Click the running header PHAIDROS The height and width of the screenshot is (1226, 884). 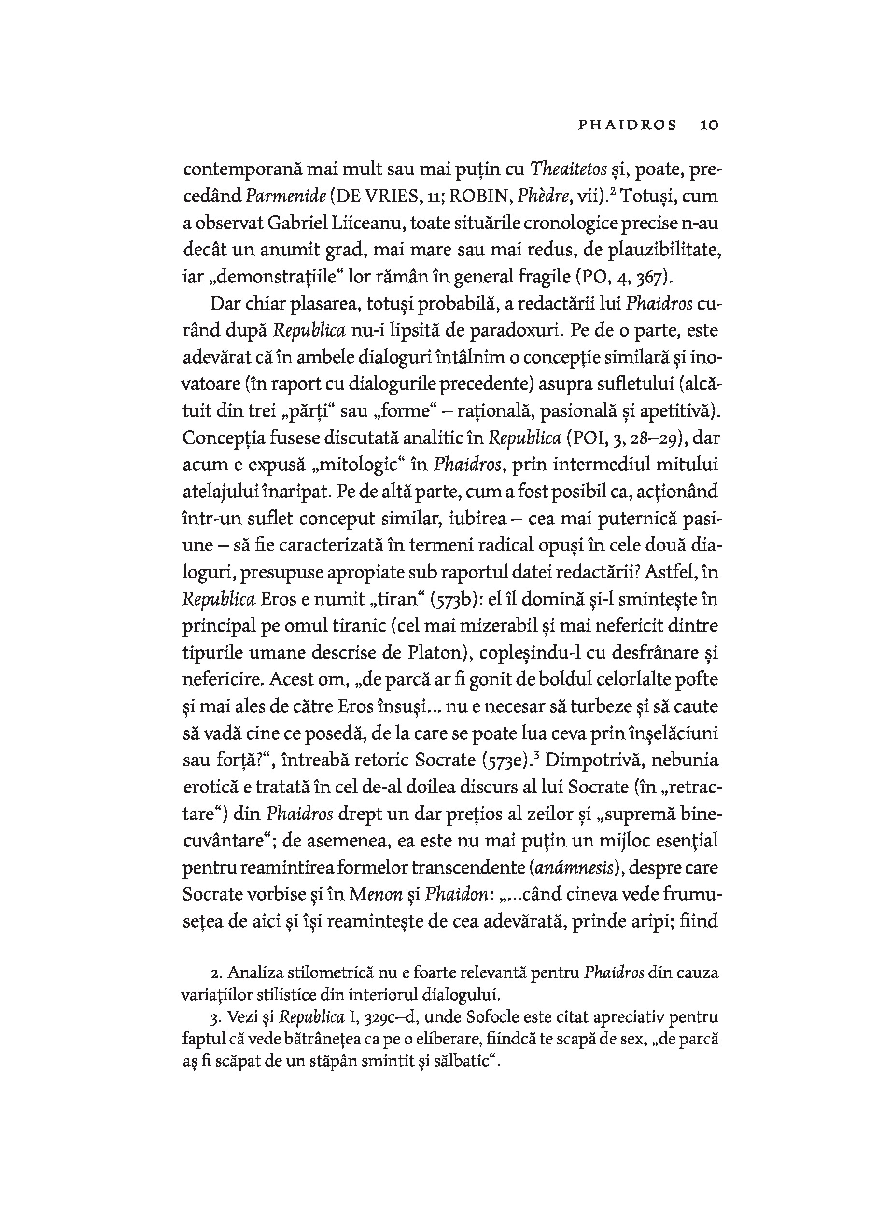pos(627,125)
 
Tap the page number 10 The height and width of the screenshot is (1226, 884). pos(709,125)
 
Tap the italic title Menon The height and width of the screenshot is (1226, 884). pos(376,895)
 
